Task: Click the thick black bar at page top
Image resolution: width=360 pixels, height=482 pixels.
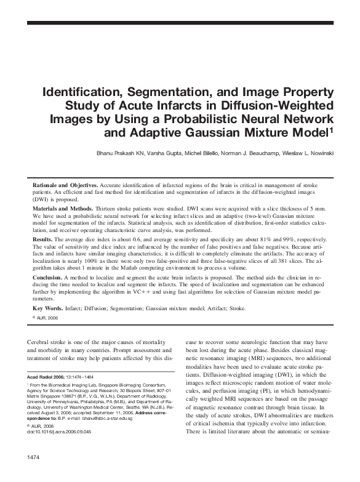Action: click(180, 22)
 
